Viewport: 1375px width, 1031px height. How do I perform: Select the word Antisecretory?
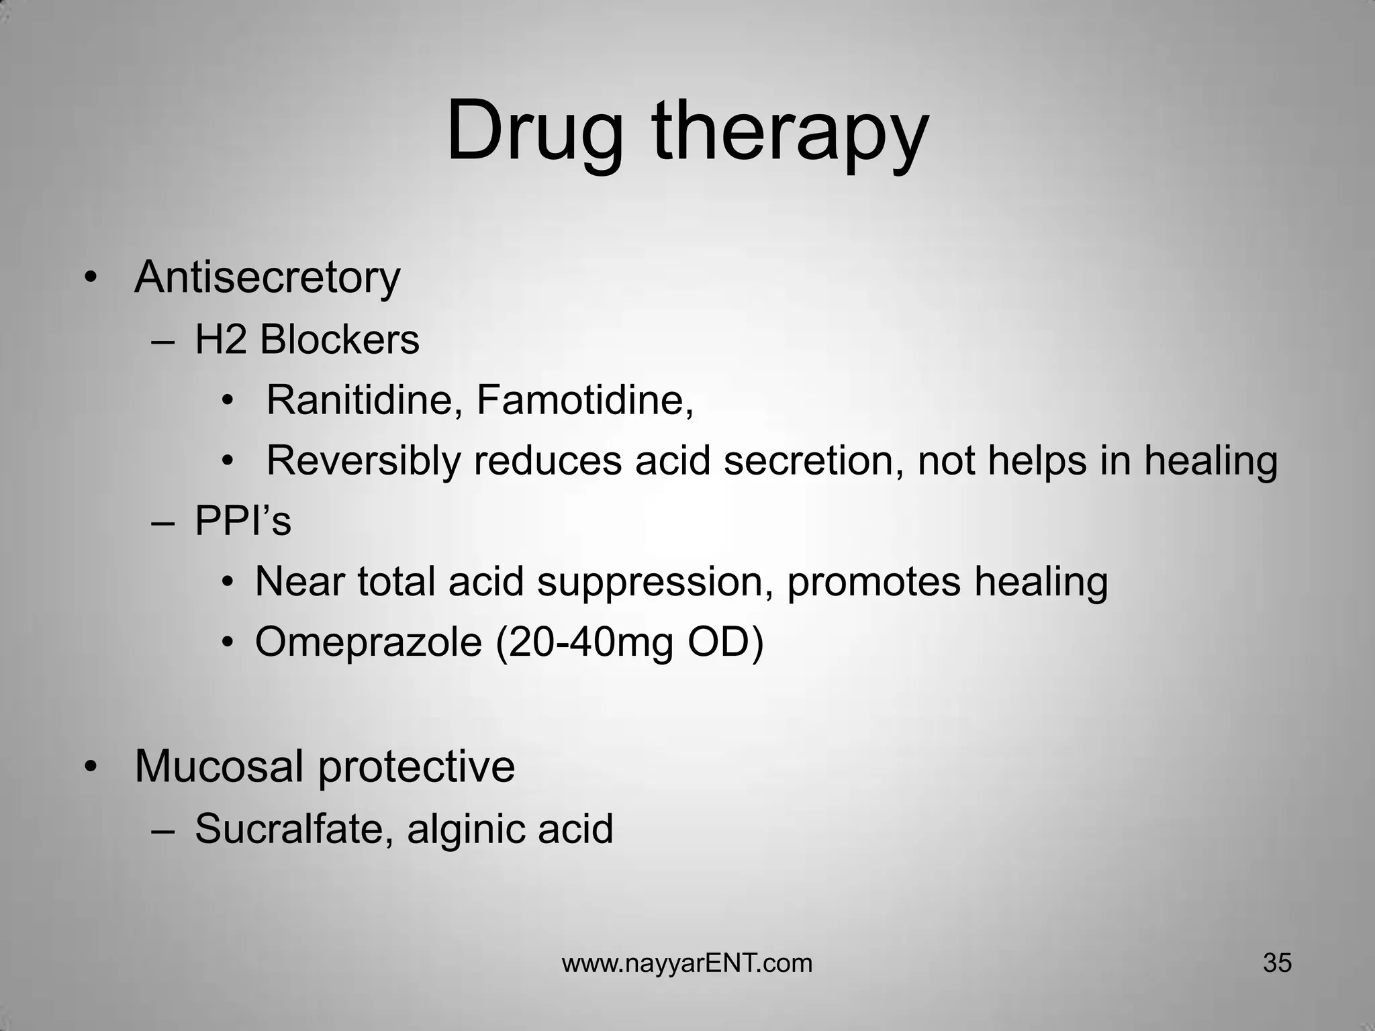[x=267, y=278]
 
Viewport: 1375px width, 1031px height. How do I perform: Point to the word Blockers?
[x=339, y=340]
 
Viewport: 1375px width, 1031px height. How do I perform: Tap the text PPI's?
[x=243, y=522]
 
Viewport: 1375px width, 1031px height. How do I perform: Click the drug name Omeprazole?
[x=368, y=642]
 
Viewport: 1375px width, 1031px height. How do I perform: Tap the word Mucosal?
[x=218, y=767]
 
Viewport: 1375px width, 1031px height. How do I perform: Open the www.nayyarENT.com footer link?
[x=687, y=964]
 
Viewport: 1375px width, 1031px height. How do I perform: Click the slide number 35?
[x=1277, y=963]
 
